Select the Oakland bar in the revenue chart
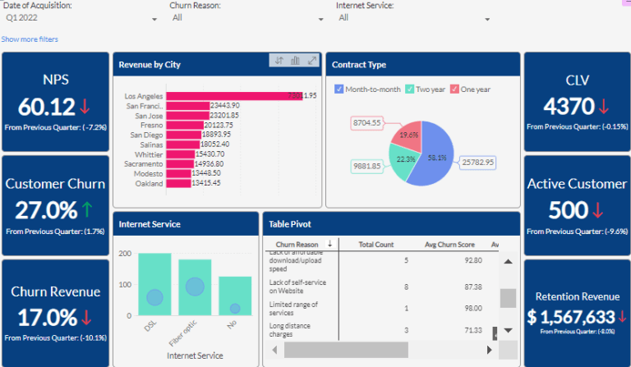pos(178,183)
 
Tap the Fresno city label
pos(150,125)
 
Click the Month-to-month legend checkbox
pos(339,89)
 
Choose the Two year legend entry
pos(410,89)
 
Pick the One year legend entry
pos(454,89)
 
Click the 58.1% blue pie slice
pos(434,156)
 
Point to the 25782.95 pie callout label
pos(478,163)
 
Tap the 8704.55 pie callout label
pos(366,123)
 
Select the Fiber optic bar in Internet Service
pos(195,287)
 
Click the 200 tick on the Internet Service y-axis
pos(125,254)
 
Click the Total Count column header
pos(376,245)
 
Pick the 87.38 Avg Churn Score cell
pos(472,287)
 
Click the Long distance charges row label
pos(293,330)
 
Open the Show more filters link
pos(30,39)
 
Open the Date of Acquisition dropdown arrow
pos(154,19)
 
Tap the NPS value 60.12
pos(46,107)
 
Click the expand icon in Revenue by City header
pos(312,61)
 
